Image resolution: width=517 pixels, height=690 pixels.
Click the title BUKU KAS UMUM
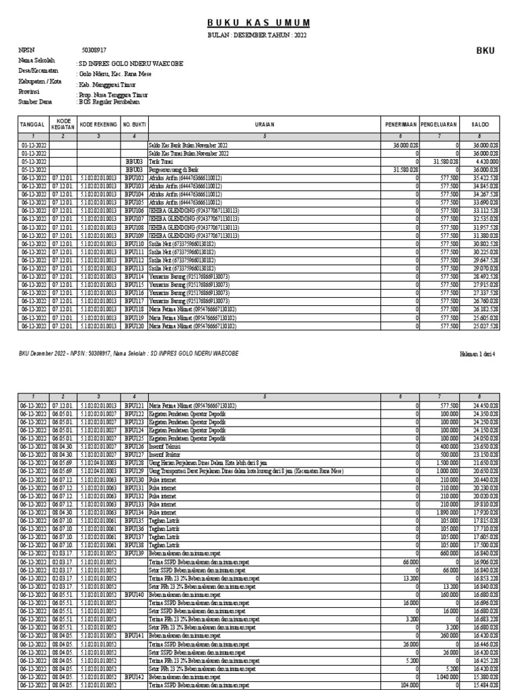(x=259, y=22)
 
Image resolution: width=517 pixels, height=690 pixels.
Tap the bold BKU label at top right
(x=485, y=51)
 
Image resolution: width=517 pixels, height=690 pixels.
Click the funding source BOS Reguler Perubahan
(x=112, y=103)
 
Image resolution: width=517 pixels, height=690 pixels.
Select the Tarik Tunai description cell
(x=160, y=162)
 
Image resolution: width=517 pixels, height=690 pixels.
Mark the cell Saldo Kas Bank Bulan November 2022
(x=188, y=145)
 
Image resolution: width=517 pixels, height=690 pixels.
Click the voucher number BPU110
(x=134, y=242)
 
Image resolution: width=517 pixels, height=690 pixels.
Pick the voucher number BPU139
(x=134, y=553)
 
